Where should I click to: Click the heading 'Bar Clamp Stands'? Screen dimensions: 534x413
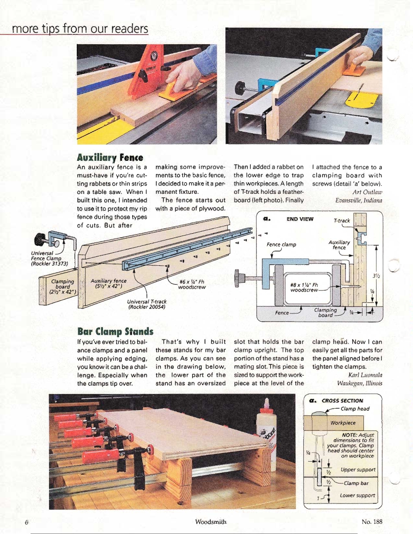(115, 332)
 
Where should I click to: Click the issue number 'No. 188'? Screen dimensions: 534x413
(372, 522)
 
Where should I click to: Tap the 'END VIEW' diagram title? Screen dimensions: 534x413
(300, 219)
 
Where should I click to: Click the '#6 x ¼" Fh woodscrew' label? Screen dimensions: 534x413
(192, 284)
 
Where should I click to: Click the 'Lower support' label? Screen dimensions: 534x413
(358, 496)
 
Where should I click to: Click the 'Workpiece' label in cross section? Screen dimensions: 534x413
(342, 423)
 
